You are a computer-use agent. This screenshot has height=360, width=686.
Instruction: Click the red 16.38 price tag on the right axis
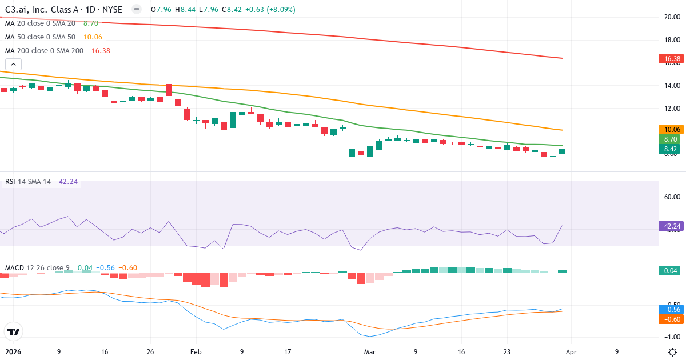(x=671, y=58)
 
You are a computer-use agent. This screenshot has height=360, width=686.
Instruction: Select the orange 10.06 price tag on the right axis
(x=671, y=130)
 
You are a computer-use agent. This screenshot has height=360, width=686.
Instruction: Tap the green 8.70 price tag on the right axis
(x=671, y=139)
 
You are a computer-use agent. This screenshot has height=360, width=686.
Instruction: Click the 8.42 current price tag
(x=671, y=149)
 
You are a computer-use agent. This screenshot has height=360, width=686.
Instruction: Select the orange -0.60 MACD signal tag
(x=671, y=319)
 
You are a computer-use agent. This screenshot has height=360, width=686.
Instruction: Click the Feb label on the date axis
(x=196, y=352)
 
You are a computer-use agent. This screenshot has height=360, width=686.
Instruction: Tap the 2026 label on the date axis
(x=12, y=352)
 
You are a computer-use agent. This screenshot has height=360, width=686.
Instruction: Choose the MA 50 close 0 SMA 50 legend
(x=40, y=37)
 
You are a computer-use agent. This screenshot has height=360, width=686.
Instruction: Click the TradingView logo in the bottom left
(x=14, y=331)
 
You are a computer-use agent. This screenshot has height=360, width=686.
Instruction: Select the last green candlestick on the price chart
(x=563, y=151)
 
